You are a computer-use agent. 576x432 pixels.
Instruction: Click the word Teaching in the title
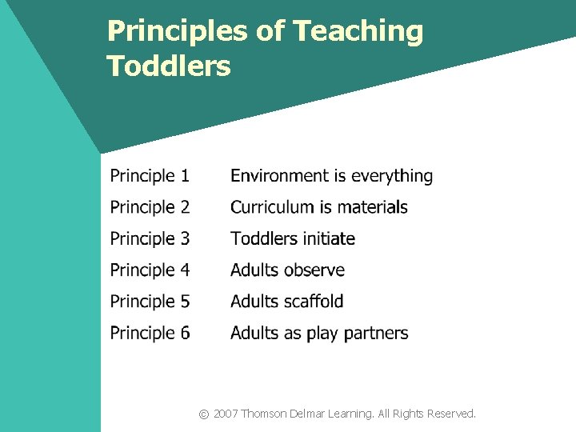(x=358, y=32)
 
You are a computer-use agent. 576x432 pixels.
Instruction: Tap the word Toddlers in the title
(x=169, y=66)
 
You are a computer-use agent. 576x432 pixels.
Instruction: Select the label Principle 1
(x=150, y=176)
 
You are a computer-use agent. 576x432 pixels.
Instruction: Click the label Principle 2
(x=150, y=207)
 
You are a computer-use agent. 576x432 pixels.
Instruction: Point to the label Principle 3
(x=150, y=238)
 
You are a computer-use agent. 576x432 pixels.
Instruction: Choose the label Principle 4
(x=150, y=270)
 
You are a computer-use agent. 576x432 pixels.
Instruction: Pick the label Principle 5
(x=150, y=302)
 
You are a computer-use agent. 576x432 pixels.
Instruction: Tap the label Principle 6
(x=150, y=333)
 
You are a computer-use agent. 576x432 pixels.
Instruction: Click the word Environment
(x=279, y=176)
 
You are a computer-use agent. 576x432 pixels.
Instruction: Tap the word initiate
(x=325, y=238)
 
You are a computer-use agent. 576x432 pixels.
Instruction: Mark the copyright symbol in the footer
(x=204, y=414)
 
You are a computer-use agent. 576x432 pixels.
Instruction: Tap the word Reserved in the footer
(x=451, y=414)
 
